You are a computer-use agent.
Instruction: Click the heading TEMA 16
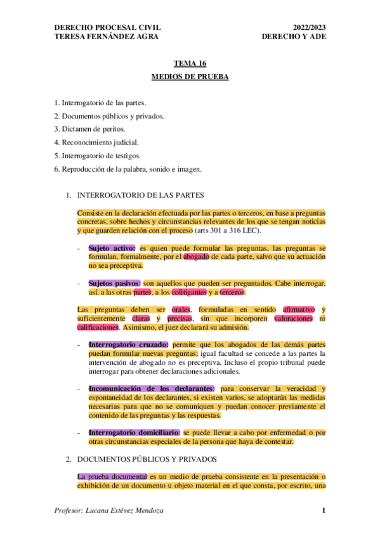coord(190,63)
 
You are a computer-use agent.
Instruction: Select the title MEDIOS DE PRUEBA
coord(190,77)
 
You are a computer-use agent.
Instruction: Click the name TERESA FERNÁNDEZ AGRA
coord(107,36)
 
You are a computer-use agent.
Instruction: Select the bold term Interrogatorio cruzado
coord(128,344)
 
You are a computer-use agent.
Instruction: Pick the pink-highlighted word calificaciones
coord(98,327)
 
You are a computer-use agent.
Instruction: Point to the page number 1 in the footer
coord(324,510)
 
